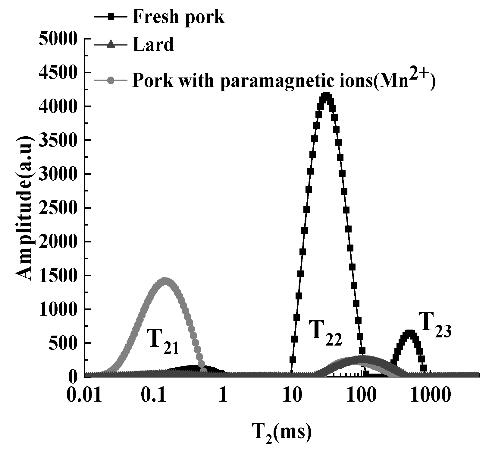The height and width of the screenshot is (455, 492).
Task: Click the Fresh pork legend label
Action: tap(178, 17)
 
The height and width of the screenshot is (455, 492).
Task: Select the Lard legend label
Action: tap(153, 45)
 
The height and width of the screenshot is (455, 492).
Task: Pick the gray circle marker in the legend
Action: tap(111, 81)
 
